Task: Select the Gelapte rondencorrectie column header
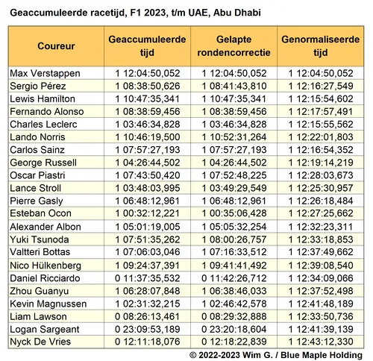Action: tap(233, 46)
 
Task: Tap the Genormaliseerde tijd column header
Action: tap(320, 46)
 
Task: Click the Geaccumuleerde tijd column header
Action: tap(147, 46)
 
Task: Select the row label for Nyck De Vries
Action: tap(42, 341)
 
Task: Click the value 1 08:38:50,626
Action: tap(148, 86)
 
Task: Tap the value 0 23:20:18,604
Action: tap(233, 328)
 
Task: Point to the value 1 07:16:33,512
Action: tap(233, 252)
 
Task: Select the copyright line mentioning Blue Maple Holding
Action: tap(276, 354)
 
